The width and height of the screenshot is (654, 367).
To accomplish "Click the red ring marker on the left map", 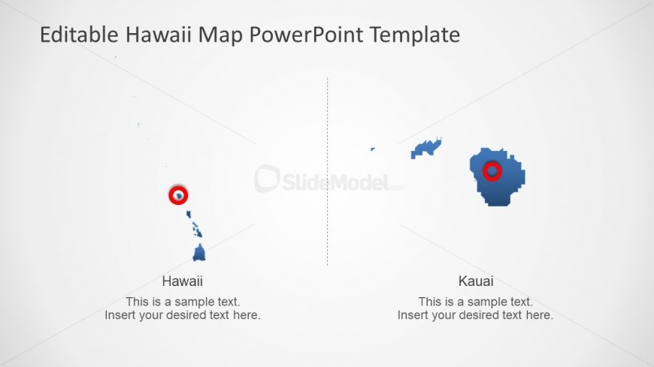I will click(178, 195).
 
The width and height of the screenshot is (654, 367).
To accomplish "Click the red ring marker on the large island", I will click(492, 172).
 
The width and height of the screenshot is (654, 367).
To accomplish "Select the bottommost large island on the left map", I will click(199, 253).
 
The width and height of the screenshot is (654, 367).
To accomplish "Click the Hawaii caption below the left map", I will click(183, 281).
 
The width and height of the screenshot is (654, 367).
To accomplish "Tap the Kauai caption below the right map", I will click(476, 281).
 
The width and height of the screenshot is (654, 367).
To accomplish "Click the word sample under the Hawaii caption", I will click(195, 302).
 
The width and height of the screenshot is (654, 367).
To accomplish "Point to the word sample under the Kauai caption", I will click(489, 302).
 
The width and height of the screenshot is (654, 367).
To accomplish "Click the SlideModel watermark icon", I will click(267, 179).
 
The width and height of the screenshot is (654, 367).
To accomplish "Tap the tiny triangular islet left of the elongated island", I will click(372, 149).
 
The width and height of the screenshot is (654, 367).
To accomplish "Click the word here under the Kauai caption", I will click(540, 315).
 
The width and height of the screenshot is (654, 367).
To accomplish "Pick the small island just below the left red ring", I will click(189, 215).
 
